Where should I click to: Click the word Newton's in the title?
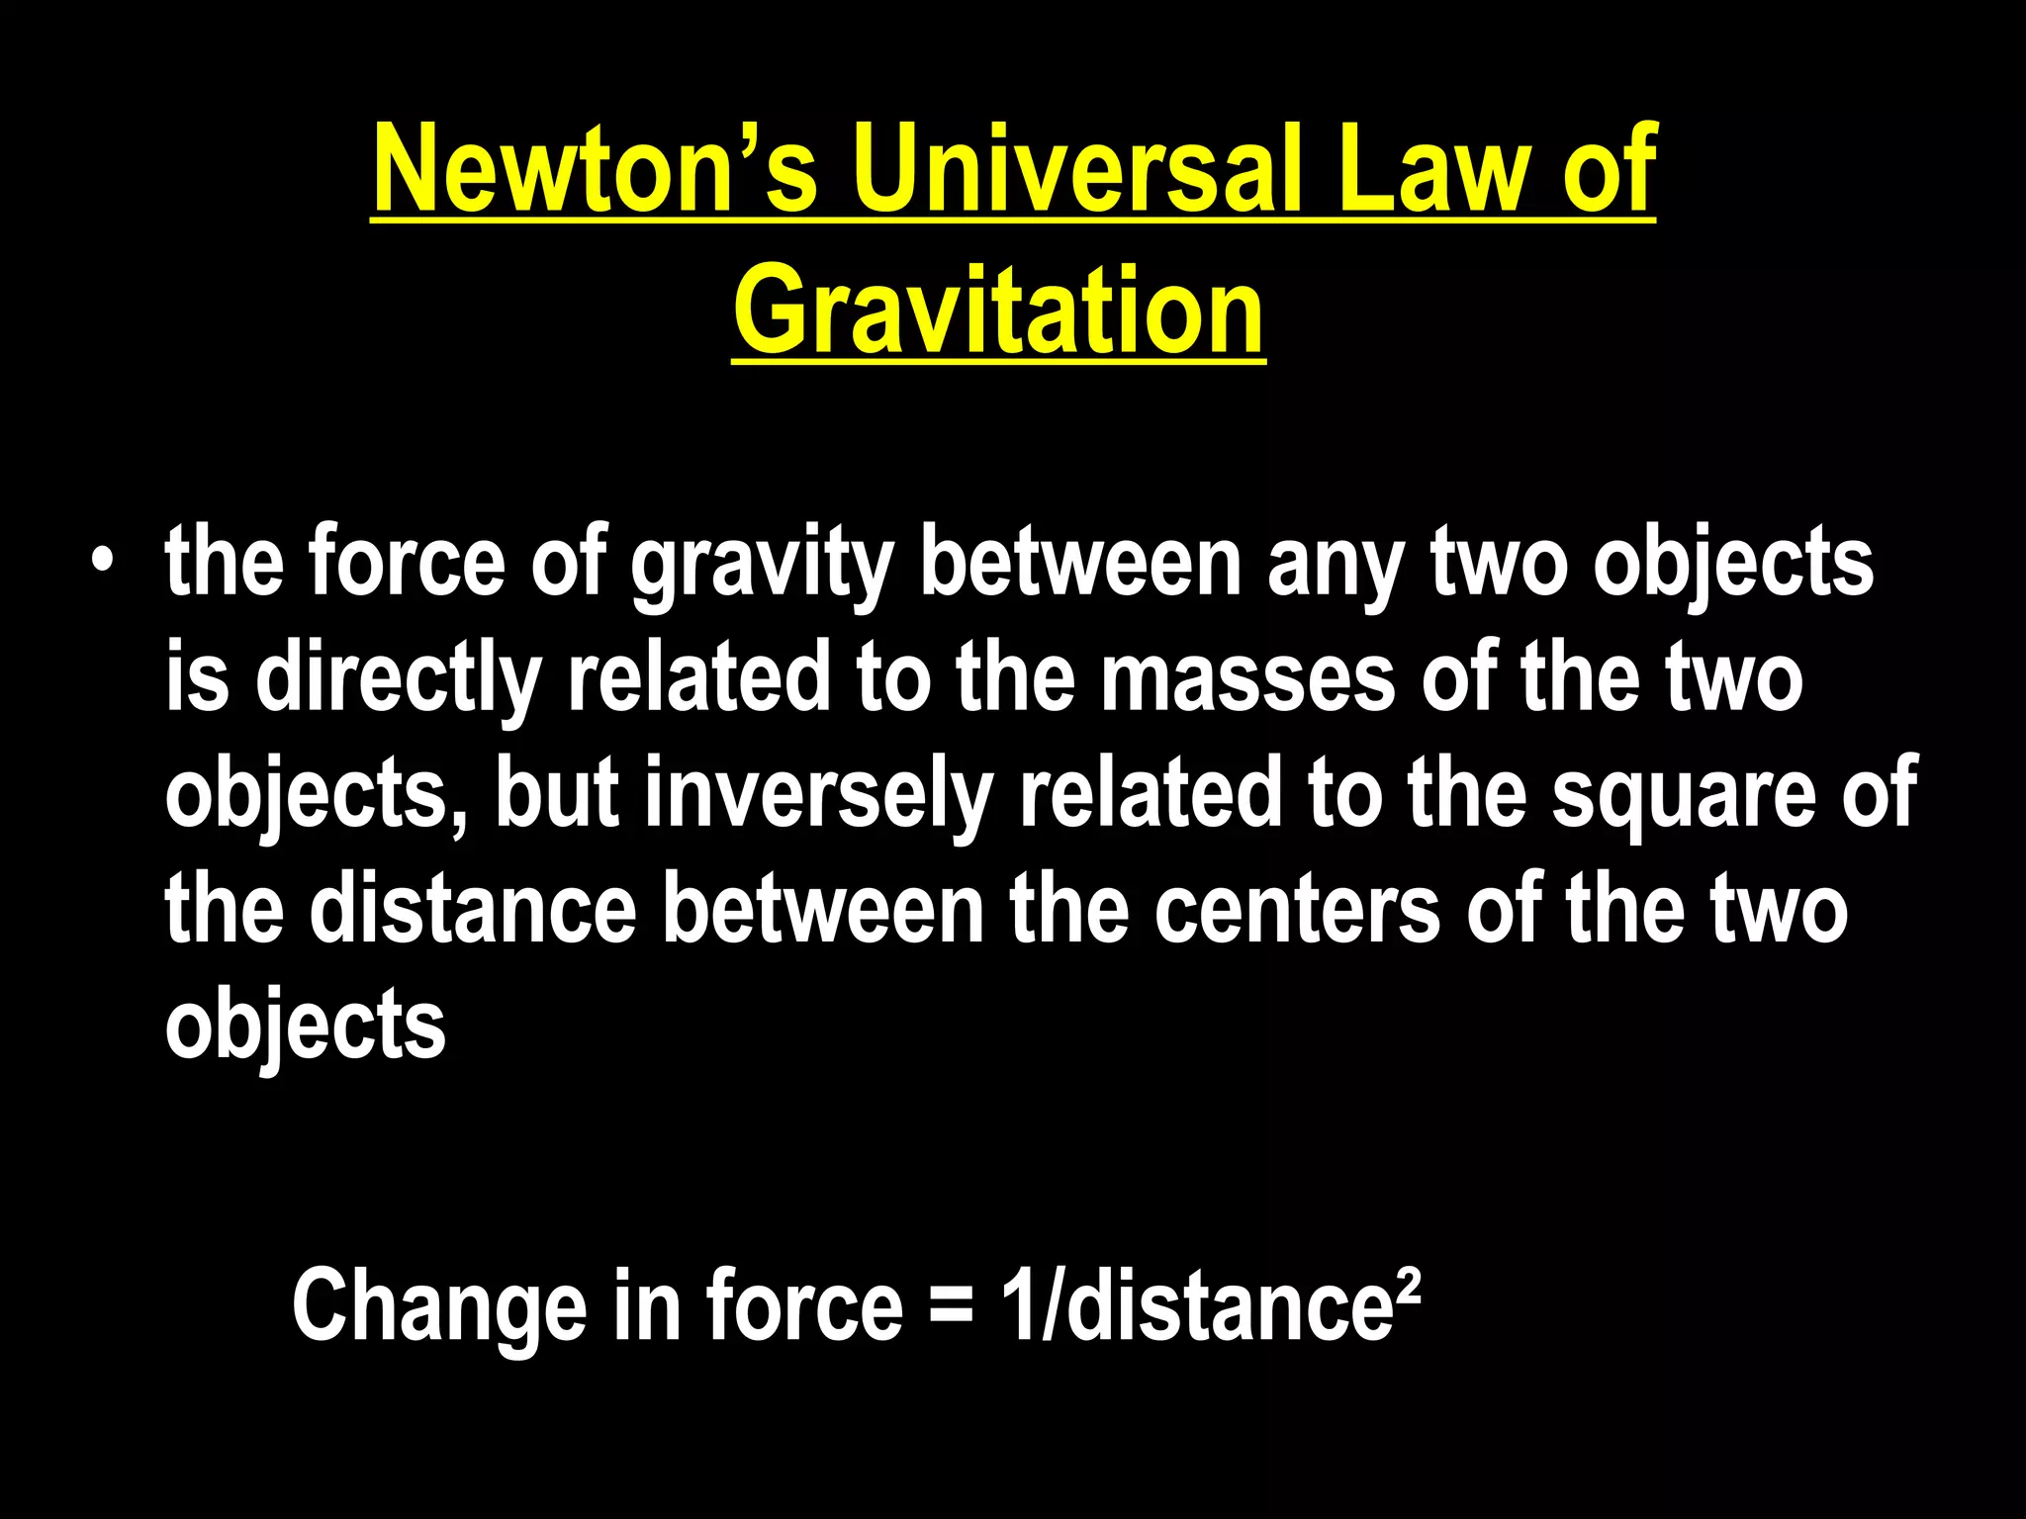pos(595,170)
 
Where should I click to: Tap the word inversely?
pos(818,796)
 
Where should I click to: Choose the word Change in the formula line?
pos(439,1308)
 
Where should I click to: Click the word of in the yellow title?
pos(1609,170)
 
